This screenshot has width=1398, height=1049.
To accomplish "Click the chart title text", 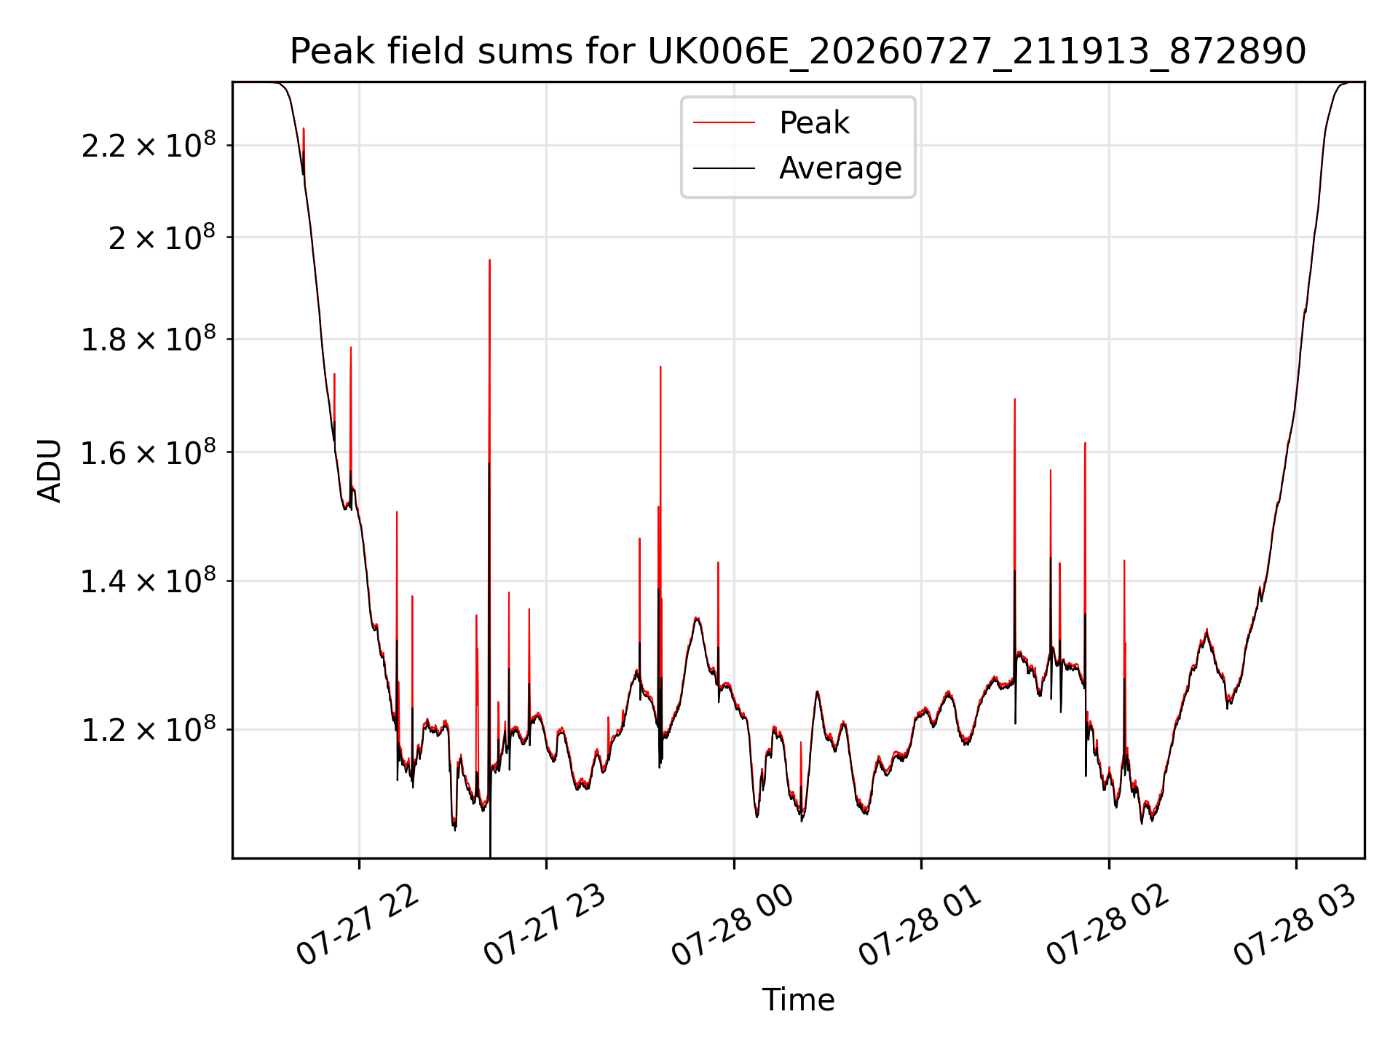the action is tap(798, 52).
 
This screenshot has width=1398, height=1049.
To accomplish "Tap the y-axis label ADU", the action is tap(50, 470).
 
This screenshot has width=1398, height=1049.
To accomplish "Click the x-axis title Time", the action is tap(798, 999).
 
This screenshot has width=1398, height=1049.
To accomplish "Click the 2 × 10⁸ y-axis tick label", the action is tap(162, 237).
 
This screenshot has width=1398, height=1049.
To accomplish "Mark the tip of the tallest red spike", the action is tap(489, 260).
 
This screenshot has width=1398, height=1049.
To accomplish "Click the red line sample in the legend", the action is tap(724, 123).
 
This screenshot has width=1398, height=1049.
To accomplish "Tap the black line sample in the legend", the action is tap(724, 168).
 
